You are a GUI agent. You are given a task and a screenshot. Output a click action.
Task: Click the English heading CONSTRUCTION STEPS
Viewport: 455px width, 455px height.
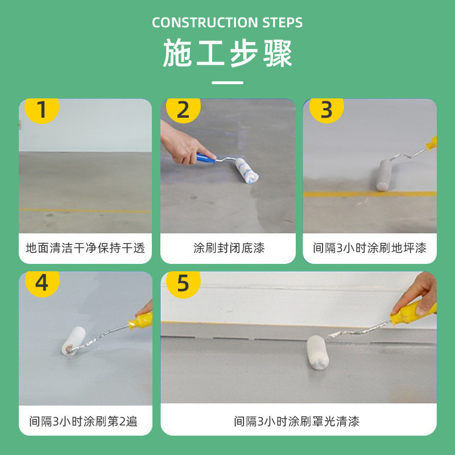coord(227,23)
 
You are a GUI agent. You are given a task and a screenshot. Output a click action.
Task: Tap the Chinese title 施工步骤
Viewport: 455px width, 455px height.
coord(227,53)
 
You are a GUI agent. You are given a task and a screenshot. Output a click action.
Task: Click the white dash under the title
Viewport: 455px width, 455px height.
coord(227,82)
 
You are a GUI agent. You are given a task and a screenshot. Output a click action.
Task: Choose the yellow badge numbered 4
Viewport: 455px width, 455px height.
coord(42,283)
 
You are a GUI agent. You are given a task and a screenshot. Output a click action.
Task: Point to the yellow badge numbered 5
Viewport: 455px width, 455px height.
coord(183,283)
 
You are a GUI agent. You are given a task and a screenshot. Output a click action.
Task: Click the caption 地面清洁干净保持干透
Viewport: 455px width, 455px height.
coord(85,248)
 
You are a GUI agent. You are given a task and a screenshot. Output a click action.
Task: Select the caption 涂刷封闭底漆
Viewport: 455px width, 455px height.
coord(229,248)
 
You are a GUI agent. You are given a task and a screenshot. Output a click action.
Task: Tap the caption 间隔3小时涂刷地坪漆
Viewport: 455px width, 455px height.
coord(370,248)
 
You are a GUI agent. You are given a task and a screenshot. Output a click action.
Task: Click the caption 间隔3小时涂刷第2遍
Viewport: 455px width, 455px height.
coord(83,421)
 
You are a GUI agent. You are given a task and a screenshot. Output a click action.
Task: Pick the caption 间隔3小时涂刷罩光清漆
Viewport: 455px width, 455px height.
coord(297,421)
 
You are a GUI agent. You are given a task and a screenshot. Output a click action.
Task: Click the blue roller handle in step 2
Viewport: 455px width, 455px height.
coord(206,158)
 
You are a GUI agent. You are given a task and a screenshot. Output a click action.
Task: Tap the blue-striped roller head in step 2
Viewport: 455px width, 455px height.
coord(247,170)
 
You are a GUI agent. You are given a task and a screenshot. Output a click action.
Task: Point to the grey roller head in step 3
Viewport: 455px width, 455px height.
coord(384,175)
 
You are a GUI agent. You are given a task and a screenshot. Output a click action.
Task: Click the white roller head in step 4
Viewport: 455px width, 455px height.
coord(74,341)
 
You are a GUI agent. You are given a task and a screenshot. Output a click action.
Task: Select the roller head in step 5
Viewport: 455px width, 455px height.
coord(318,352)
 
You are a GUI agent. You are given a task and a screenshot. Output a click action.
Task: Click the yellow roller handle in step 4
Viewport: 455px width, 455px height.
coord(140,320)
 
